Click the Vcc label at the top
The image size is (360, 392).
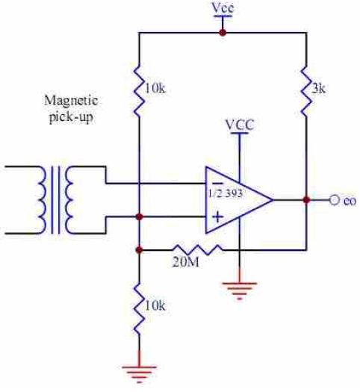click(223, 7)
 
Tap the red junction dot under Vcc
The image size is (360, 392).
click(223, 33)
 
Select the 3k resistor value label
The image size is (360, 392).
click(318, 89)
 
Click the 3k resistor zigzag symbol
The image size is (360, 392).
click(306, 91)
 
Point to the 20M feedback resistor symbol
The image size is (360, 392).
click(197, 249)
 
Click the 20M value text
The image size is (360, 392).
click(186, 262)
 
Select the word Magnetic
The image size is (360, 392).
click(71, 101)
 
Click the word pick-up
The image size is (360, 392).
click(71, 116)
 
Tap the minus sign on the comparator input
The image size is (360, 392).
click(217, 183)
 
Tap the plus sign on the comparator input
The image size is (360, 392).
click(218, 217)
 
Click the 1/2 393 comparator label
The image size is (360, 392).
click(226, 193)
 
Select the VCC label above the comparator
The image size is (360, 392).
click(240, 125)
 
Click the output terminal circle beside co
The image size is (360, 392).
click(334, 200)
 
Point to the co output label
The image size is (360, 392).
click(350, 201)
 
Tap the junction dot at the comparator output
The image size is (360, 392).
click(306, 200)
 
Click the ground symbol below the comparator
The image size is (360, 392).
click(240, 290)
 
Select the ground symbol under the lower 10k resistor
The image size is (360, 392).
click(139, 374)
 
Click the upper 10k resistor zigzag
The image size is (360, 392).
click(139, 91)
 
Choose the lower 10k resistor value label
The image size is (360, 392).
click(155, 305)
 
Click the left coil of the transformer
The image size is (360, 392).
click(42, 200)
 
